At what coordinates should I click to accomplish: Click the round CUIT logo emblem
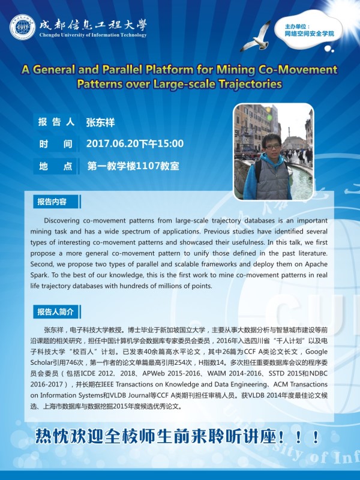[x=22, y=28]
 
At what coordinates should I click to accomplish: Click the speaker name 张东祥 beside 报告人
[x=100, y=122]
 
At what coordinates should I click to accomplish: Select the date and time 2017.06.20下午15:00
[x=135, y=143]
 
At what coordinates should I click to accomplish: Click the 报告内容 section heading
[x=52, y=201]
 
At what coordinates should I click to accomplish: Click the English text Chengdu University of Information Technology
[x=92, y=35]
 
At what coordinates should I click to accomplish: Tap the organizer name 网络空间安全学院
[x=309, y=34]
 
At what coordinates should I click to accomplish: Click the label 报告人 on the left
[x=56, y=122]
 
